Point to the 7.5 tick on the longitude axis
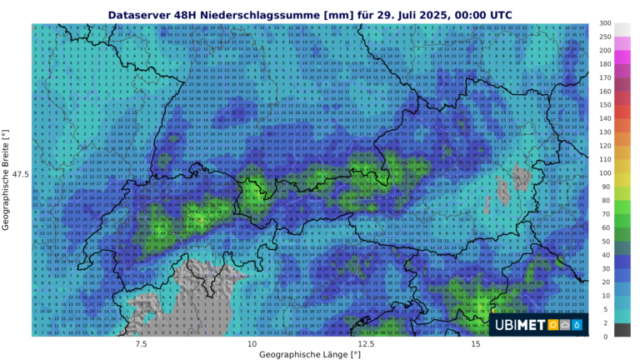click(141, 343)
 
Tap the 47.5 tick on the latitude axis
click(20, 174)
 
